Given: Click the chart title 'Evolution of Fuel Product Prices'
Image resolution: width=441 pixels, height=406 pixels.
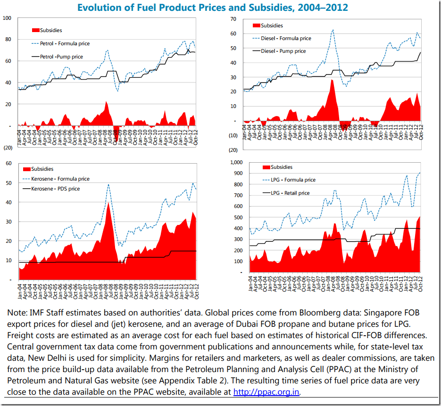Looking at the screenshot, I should pyautogui.click(x=212, y=8).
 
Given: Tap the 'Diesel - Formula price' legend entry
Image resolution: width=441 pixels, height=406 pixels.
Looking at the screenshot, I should pyautogui.click(x=286, y=38).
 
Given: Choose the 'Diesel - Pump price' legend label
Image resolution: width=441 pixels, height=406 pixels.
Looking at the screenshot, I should pyautogui.click(x=283, y=51).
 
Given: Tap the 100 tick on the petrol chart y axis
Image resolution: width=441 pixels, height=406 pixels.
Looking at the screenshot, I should pyautogui.click(x=7, y=18).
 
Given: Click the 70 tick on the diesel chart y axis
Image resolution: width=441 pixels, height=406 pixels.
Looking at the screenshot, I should pyautogui.click(x=233, y=18).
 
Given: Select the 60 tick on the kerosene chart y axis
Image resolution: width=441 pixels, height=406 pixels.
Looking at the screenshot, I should pyautogui.click(x=8, y=163).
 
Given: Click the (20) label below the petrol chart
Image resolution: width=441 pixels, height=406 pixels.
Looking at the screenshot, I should pyautogui.click(x=8, y=148).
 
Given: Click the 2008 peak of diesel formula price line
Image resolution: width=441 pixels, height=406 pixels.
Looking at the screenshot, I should pyautogui.click(x=333, y=30).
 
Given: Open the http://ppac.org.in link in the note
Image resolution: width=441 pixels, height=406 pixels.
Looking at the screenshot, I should pyautogui.click(x=266, y=391).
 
